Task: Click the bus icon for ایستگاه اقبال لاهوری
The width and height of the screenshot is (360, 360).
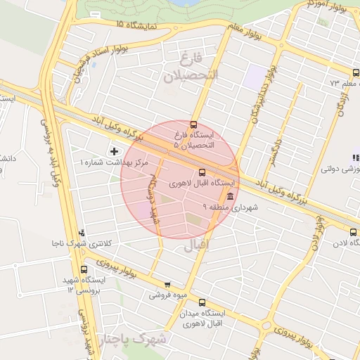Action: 202,172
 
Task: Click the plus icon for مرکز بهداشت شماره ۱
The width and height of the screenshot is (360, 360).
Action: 115,151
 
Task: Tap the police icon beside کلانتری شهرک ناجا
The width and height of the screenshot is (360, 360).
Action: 83,233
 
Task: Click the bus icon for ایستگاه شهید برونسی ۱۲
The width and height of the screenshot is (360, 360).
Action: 85,269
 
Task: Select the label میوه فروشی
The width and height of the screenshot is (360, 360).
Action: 167,295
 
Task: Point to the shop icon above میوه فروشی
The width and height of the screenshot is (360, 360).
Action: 167,285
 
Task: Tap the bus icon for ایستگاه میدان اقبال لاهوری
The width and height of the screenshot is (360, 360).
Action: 202,302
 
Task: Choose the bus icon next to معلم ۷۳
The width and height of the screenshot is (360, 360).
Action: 355,73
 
